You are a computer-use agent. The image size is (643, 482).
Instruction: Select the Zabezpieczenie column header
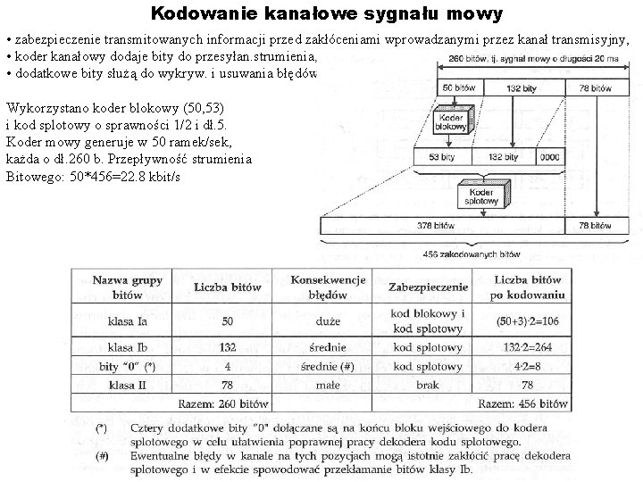tap(428, 287)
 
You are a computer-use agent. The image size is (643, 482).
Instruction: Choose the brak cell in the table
tap(428, 385)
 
